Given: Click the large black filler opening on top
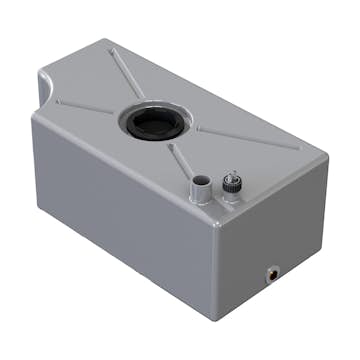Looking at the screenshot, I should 153,123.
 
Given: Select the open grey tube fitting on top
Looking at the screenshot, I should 201,187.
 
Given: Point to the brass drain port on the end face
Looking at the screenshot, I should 272,270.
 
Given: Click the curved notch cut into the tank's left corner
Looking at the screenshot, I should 45,92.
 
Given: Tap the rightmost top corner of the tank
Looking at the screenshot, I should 326,160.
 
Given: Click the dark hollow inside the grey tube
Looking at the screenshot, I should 201,181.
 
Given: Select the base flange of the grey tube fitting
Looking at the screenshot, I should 201,198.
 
